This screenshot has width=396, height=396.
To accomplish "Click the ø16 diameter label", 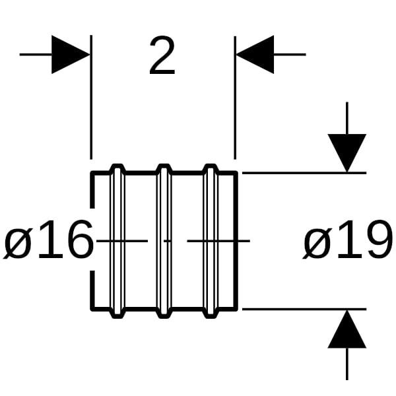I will coord(49,242).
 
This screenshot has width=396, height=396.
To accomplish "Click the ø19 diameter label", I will coord(348,242).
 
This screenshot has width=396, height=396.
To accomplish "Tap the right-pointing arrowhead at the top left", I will coord(69,54).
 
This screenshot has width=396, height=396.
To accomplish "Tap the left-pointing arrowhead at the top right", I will coord(255,54).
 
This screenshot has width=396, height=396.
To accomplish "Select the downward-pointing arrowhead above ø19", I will coord(347,152).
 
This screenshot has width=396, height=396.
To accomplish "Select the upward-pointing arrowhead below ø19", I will coord(347,330).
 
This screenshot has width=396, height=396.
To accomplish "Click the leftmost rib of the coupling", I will coord(117,241).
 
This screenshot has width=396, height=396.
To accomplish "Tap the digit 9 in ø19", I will coord(377,241).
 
